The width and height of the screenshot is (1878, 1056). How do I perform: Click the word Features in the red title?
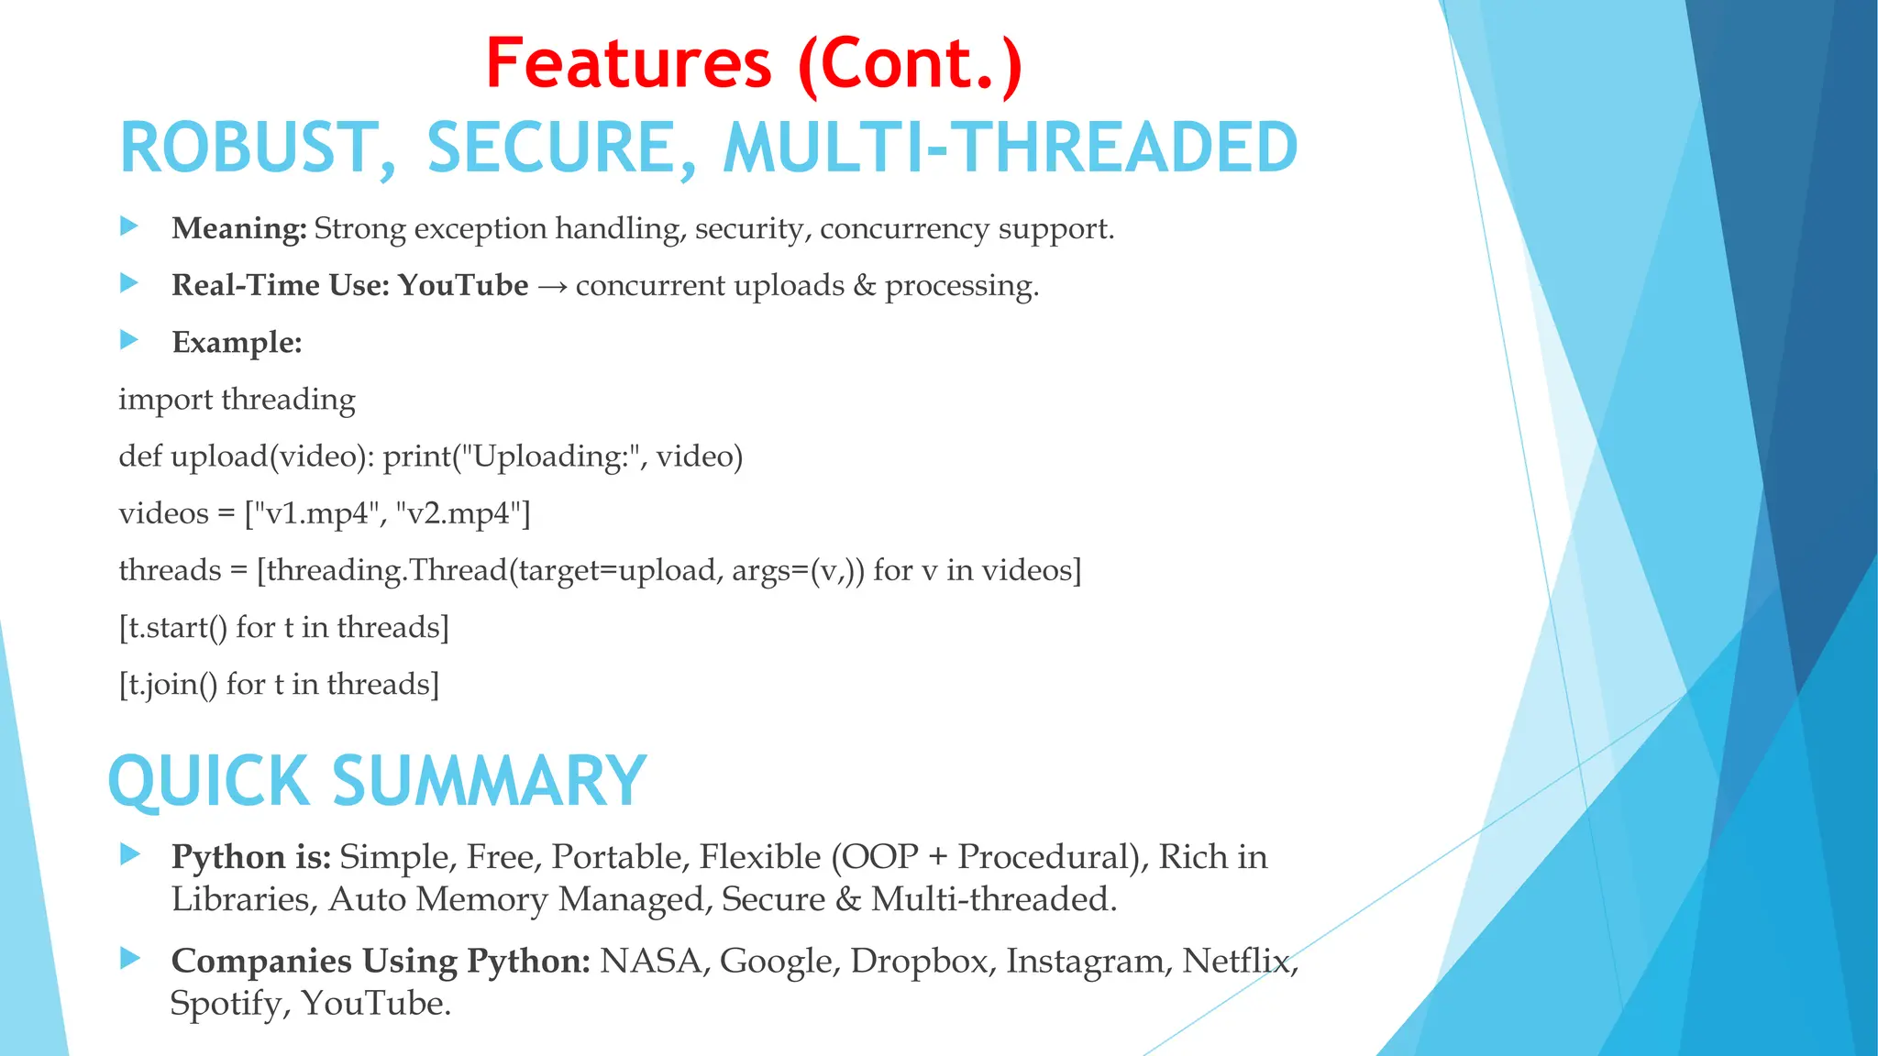[x=629, y=64]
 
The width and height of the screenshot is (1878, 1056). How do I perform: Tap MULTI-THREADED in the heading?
[x=1010, y=148]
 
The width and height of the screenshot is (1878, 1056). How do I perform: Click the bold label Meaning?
[x=238, y=228]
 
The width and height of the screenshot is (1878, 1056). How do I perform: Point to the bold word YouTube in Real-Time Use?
[x=463, y=285]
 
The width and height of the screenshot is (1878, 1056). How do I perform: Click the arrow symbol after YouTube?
[x=552, y=287]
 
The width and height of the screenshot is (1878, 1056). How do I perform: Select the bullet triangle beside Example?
[x=129, y=340]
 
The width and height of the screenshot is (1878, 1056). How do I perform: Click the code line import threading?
[x=237, y=400]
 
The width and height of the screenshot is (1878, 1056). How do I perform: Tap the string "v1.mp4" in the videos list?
[x=316, y=513]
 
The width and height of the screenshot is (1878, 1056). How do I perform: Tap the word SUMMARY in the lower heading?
[x=489, y=782]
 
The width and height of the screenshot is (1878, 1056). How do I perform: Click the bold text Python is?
[x=250, y=857]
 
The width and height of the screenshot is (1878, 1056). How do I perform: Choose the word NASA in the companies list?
[x=650, y=961]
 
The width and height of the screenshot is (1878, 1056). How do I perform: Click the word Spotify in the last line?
[x=226, y=1004]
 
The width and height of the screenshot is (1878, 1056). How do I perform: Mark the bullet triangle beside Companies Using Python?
[x=129, y=959]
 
